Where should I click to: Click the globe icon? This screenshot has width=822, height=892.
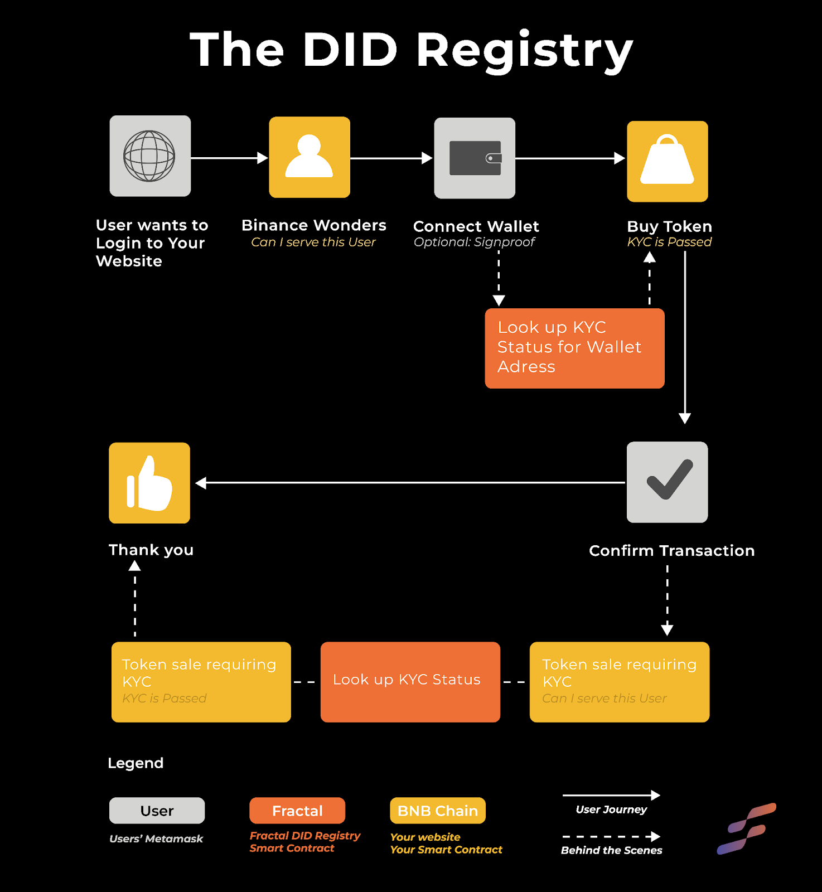(x=149, y=156)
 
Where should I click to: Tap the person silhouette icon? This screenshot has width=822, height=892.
(x=310, y=157)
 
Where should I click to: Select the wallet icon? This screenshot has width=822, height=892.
(x=475, y=158)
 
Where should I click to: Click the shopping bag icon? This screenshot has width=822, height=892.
(x=668, y=161)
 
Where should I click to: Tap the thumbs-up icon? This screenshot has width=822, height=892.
(x=149, y=483)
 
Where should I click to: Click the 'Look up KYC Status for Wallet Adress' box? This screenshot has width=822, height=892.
(x=574, y=348)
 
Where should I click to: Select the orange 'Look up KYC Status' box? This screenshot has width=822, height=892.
(x=410, y=682)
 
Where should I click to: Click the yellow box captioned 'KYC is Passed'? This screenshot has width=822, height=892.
(x=201, y=682)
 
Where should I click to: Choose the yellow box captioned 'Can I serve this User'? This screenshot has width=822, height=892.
(x=620, y=682)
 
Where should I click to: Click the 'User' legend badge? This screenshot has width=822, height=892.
(x=157, y=811)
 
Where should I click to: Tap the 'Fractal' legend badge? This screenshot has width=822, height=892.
(x=297, y=811)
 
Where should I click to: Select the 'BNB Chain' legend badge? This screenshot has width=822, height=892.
(x=438, y=811)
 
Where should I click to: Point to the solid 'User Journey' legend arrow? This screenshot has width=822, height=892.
(x=611, y=795)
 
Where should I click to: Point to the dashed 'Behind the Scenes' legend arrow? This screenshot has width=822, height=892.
(x=611, y=836)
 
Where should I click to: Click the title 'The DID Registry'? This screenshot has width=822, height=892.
(x=412, y=50)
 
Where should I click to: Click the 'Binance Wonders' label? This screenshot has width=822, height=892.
(x=314, y=225)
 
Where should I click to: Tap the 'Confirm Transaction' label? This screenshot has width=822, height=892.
(x=672, y=551)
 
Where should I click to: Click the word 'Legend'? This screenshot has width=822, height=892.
(x=136, y=764)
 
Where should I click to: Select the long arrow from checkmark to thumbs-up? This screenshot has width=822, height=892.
(x=410, y=483)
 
